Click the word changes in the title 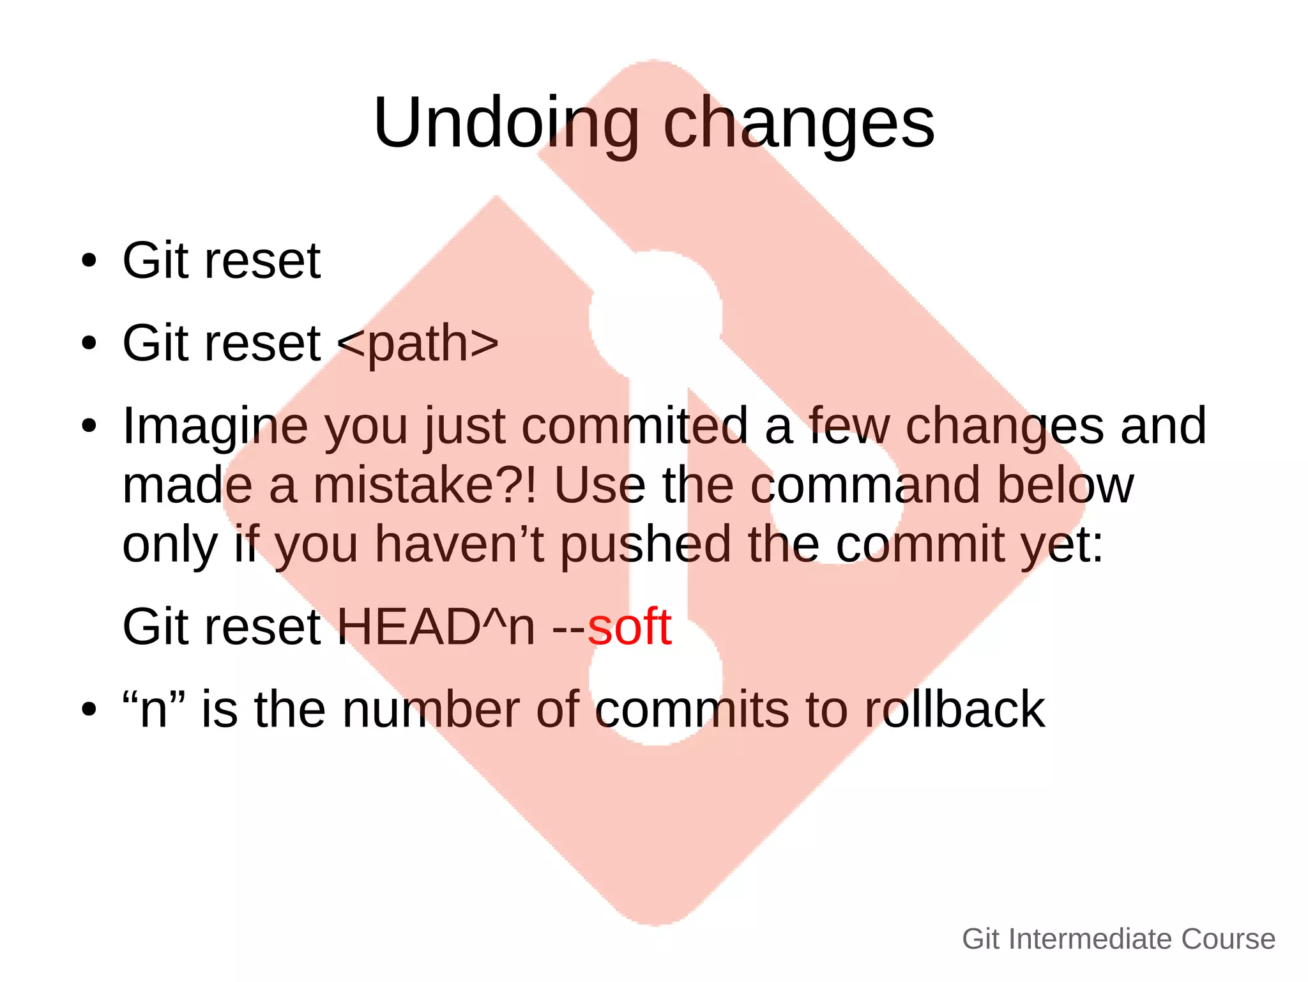click(799, 123)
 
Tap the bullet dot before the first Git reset click(89, 261)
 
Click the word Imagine click(215, 427)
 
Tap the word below click(1065, 486)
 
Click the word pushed click(645, 544)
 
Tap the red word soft click(629, 627)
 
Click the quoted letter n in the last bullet click(154, 710)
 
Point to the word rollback click(954, 710)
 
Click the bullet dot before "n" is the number click(89, 710)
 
